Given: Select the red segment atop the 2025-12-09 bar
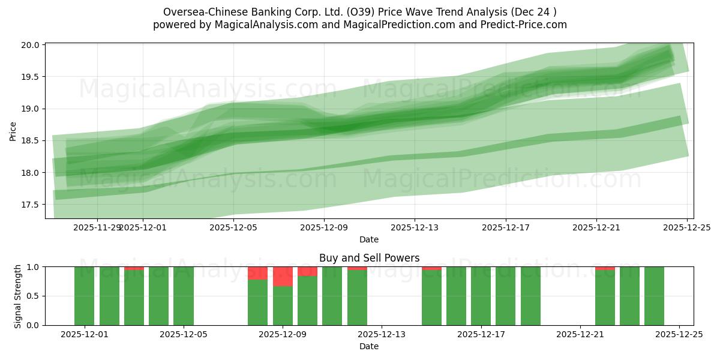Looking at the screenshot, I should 283,277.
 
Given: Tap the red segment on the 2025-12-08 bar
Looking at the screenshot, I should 257,273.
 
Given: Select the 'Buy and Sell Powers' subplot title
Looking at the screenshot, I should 369,258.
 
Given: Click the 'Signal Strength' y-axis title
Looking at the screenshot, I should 18,296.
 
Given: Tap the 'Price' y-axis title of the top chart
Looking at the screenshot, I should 13,130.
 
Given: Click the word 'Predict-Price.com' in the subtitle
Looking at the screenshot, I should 526,25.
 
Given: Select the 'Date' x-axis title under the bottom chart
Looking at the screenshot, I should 369,346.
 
